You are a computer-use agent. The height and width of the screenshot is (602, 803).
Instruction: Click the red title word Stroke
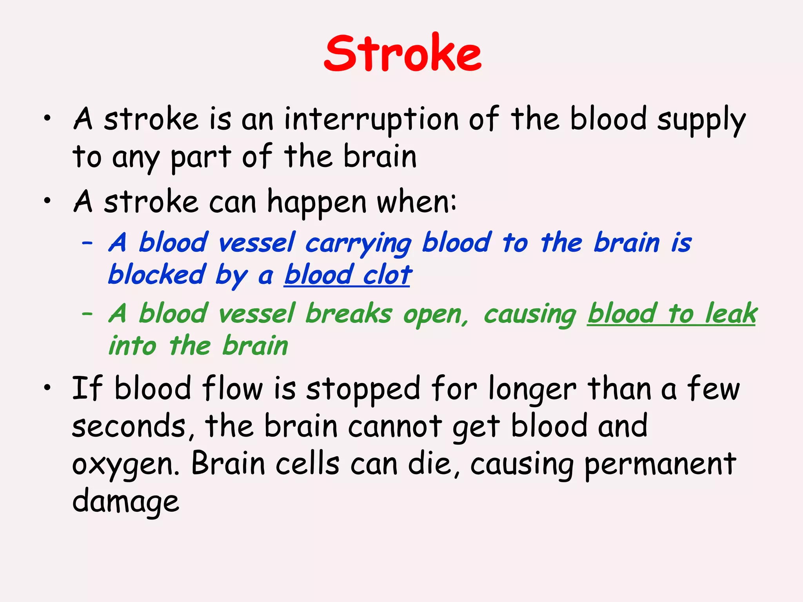(x=402, y=54)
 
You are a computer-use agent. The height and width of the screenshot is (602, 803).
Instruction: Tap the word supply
(x=701, y=120)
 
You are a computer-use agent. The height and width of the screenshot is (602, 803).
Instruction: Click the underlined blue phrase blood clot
(x=348, y=275)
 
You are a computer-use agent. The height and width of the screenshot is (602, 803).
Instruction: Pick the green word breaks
(x=349, y=314)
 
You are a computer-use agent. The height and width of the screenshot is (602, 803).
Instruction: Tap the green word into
(x=132, y=346)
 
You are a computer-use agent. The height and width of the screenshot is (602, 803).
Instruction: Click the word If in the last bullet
(x=87, y=388)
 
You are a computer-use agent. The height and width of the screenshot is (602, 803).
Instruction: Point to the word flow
(x=232, y=388)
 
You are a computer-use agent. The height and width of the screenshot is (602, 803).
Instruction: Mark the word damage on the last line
(x=126, y=502)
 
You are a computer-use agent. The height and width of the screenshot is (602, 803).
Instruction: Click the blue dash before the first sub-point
(x=87, y=243)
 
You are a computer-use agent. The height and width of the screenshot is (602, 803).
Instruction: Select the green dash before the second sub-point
(x=87, y=314)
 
